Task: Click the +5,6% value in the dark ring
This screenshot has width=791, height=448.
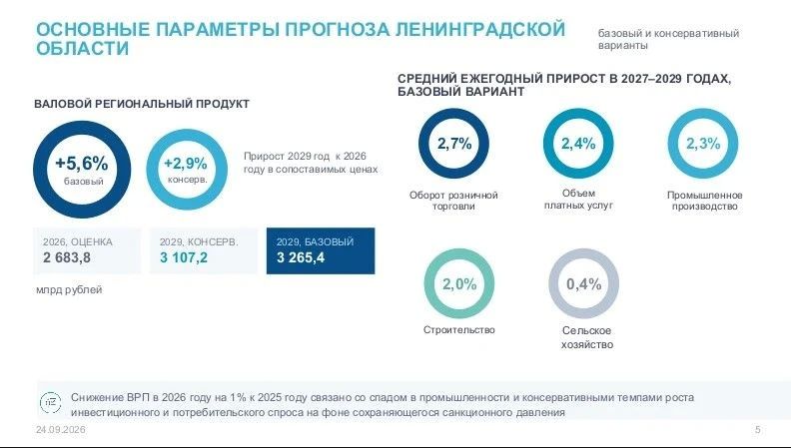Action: pos(82,164)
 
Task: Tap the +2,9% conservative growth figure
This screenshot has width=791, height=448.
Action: pos(186,164)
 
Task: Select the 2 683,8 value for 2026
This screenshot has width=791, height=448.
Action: pos(67,257)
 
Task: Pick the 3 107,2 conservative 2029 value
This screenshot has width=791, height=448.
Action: pos(184,257)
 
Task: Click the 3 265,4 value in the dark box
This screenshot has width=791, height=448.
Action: pos(301,257)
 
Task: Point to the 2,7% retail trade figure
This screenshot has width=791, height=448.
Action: pos(454,144)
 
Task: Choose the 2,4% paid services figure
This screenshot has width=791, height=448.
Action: pos(578,144)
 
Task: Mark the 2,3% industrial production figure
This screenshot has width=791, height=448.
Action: pos(703,144)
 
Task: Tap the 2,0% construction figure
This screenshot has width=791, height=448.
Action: pos(459,284)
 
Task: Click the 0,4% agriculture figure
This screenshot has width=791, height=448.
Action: pos(583,284)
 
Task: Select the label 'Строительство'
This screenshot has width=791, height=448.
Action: pos(459,330)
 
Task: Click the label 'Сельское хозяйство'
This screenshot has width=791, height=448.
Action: pos(587,337)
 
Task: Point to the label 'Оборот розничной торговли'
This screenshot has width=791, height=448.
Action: pos(453,201)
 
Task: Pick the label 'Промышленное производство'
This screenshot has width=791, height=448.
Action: pos(705,201)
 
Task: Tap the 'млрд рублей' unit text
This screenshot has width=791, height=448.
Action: pos(69,290)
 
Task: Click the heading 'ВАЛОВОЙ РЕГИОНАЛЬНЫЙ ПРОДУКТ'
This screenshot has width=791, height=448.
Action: pos(142,104)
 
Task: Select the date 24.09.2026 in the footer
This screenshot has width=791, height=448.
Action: pos(61,430)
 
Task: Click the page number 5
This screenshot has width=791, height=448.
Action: pos(758,430)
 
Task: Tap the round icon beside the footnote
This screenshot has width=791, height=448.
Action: pos(51,403)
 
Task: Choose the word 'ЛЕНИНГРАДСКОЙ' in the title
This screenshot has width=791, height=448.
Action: pos(479,29)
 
